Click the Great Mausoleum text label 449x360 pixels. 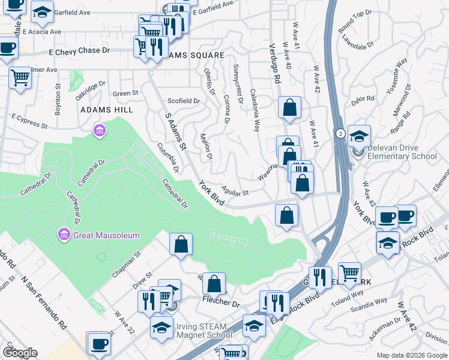[x=107, y=235]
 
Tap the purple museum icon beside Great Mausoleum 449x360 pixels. [x=64, y=233]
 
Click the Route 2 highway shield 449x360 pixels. [x=340, y=133]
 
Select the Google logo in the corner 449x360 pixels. [x=20, y=353]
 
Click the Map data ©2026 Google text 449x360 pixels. [x=412, y=355]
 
